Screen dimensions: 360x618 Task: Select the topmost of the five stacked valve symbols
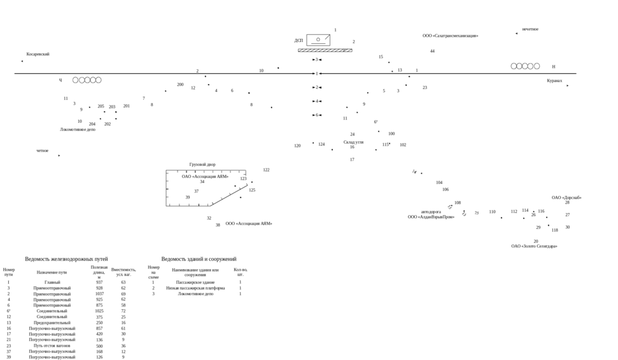(x=317, y=59)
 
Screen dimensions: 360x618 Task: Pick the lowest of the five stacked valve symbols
(x=317, y=115)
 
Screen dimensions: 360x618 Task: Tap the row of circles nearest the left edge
(x=87, y=80)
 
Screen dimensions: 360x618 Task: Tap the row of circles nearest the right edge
(x=525, y=66)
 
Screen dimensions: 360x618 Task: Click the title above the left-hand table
(x=66, y=260)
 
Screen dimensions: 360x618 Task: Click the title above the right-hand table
(x=199, y=260)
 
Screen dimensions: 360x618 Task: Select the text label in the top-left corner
(x=38, y=54)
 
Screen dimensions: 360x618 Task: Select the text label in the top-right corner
(x=530, y=29)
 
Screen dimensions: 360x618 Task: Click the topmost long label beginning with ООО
(x=450, y=36)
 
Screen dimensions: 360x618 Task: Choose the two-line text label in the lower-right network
(x=431, y=214)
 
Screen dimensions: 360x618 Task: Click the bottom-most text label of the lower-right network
(x=534, y=246)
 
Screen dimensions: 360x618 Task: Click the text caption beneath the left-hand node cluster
(x=78, y=129)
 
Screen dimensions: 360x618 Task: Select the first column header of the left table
(x=8, y=272)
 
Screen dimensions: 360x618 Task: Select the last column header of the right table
(x=240, y=272)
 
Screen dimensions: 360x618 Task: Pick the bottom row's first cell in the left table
(x=8, y=357)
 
